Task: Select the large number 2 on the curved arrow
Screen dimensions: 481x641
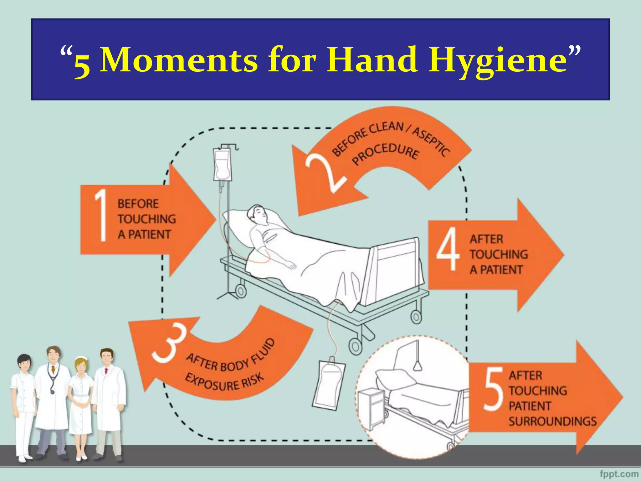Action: click(x=326, y=174)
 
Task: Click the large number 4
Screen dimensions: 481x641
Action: click(x=448, y=249)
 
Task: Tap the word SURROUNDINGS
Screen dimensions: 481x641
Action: click(x=552, y=422)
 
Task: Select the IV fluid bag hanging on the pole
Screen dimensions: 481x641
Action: click(x=222, y=164)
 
